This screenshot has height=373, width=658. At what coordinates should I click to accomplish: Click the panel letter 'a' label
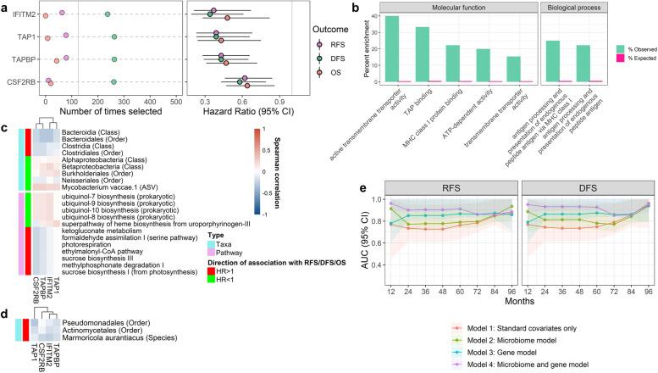[x=5, y=7]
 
